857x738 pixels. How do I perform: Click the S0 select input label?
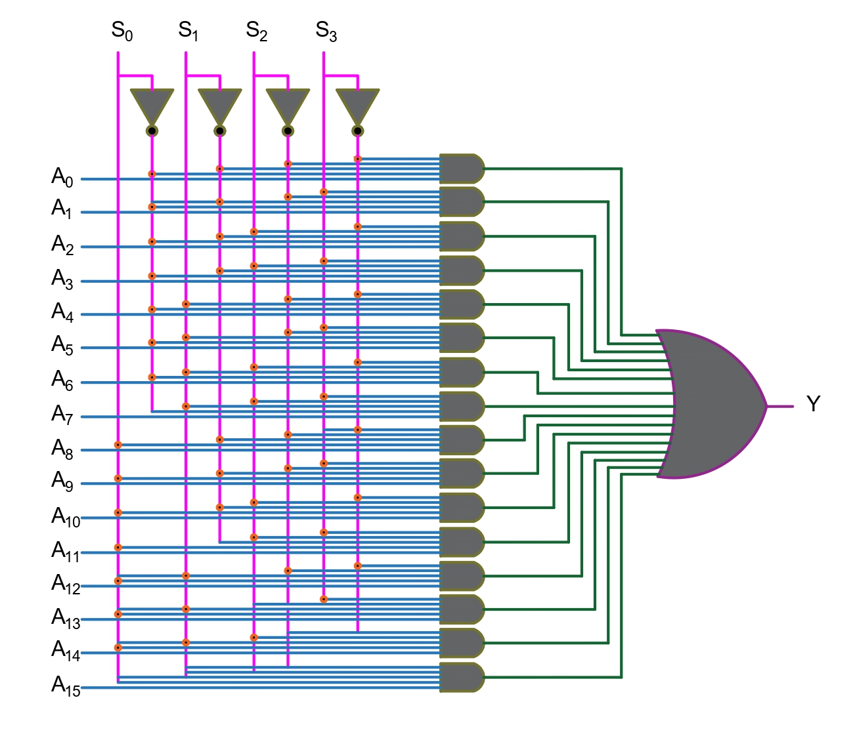121,31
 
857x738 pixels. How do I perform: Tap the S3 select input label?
326,31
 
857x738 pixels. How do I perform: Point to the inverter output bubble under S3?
358,131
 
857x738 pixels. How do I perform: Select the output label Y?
813,404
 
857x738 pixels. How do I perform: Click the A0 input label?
62,177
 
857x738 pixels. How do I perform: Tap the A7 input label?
62,415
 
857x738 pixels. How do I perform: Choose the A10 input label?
66,517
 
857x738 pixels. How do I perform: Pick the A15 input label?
66,686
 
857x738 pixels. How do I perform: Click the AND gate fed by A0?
461,169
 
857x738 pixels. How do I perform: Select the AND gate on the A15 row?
461,677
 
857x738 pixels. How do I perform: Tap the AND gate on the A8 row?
461,440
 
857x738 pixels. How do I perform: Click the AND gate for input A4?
461,304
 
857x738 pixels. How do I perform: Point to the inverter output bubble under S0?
152,131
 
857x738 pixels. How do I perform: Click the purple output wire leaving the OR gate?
780,406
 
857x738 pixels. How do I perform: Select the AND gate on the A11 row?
461,542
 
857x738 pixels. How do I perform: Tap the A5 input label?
62,345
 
